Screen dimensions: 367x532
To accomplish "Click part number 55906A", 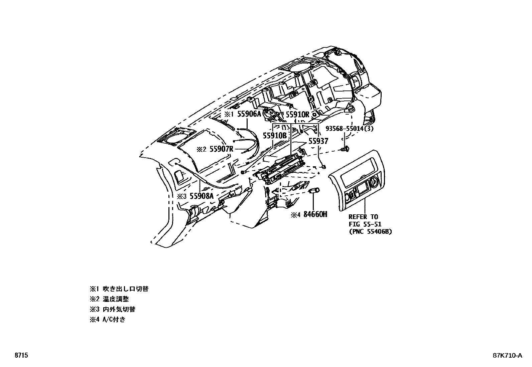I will (x=249, y=114).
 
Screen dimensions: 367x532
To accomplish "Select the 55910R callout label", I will (x=297, y=114).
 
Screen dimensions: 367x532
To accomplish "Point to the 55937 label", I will (x=318, y=141).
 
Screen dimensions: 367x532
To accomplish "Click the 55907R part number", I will (x=221, y=149).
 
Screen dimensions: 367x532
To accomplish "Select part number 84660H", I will (x=314, y=214).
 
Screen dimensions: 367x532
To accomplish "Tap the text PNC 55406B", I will (x=370, y=231).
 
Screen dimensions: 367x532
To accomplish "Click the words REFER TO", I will (x=363, y=217).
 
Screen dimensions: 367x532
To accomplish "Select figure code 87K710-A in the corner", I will (x=507, y=355).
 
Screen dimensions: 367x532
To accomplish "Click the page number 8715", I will (x=21, y=355).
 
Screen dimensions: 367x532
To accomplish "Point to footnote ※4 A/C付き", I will (x=107, y=319).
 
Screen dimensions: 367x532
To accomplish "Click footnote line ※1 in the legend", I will (x=119, y=289).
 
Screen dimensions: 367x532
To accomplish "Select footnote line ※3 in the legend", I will (x=112, y=309).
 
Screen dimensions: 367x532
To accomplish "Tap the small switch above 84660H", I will (x=313, y=191).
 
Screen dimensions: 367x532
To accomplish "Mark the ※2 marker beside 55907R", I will (x=202, y=149).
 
